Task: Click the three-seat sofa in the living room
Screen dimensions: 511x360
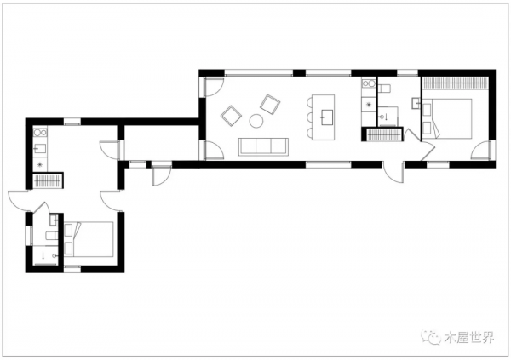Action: pos(263,146)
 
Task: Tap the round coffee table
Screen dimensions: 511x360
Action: pos(256,121)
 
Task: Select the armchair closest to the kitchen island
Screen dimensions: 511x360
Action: pos(270,104)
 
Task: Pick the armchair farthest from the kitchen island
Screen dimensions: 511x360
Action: pos(231,116)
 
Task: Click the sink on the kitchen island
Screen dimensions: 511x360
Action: pos(327,117)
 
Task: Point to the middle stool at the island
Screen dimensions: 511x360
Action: pos(309,117)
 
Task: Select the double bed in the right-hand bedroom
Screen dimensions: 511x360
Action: pos(447,119)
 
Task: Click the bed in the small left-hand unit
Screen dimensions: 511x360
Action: pos(89,238)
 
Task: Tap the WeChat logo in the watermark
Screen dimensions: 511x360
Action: pos(431,336)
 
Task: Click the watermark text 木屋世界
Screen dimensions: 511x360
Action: pos(468,337)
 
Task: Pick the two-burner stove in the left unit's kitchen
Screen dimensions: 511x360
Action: pos(40,133)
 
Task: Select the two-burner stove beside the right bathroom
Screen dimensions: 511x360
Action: pos(369,83)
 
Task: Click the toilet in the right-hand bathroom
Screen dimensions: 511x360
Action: pos(384,88)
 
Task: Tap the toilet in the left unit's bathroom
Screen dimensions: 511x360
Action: pos(52,235)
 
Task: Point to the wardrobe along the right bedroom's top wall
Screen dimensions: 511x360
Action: pos(456,83)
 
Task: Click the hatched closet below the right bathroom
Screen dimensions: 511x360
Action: pos(383,134)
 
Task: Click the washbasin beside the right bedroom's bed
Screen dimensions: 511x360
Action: pos(416,103)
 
